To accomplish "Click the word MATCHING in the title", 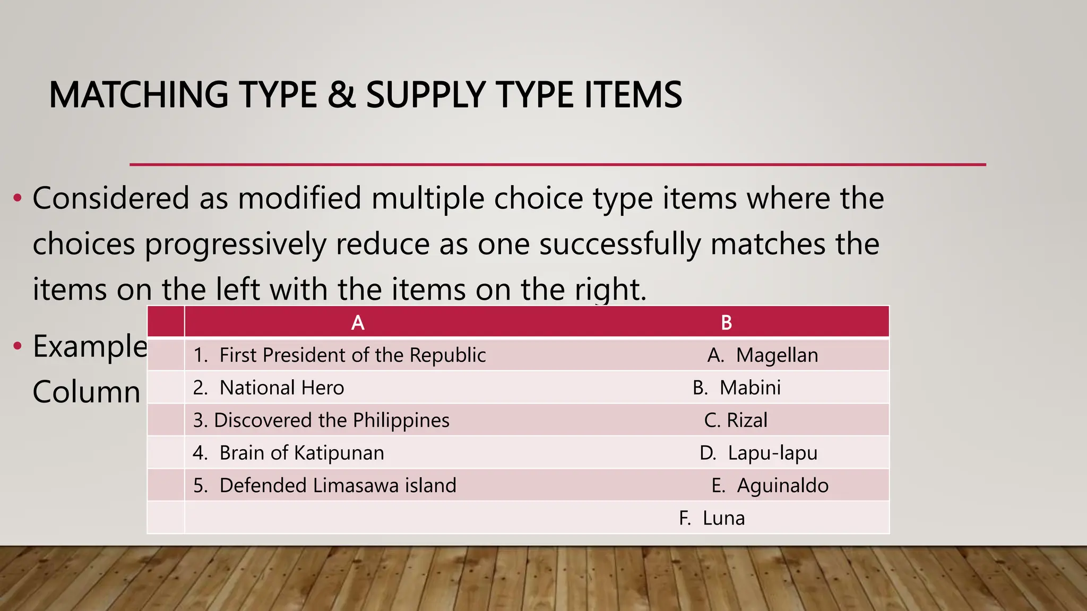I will pyautogui.click(x=138, y=95).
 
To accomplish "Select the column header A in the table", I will pyautogui.click(x=358, y=322).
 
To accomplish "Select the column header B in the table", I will pyautogui.click(x=727, y=322).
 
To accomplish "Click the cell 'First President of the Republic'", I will pyautogui.click(x=340, y=355).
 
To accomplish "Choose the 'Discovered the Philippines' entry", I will pyautogui.click(x=321, y=421).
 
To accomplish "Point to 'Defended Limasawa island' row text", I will pyautogui.click(x=325, y=486).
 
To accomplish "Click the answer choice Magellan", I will pyautogui.click(x=763, y=355).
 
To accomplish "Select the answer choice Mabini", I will pyautogui.click(x=737, y=388).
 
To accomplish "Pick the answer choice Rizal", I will pyautogui.click(x=736, y=421).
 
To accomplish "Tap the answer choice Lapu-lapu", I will pyautogui.click(x=759, y=453).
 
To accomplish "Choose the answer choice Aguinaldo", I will pyautogui.click(x=770, y=486).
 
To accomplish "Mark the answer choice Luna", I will pyautogui.click(x=712, y=518).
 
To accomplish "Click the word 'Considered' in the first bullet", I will pyautogui.click(x=111, y=198).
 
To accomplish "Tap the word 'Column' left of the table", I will pyautogui.click(x=87, y=392).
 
